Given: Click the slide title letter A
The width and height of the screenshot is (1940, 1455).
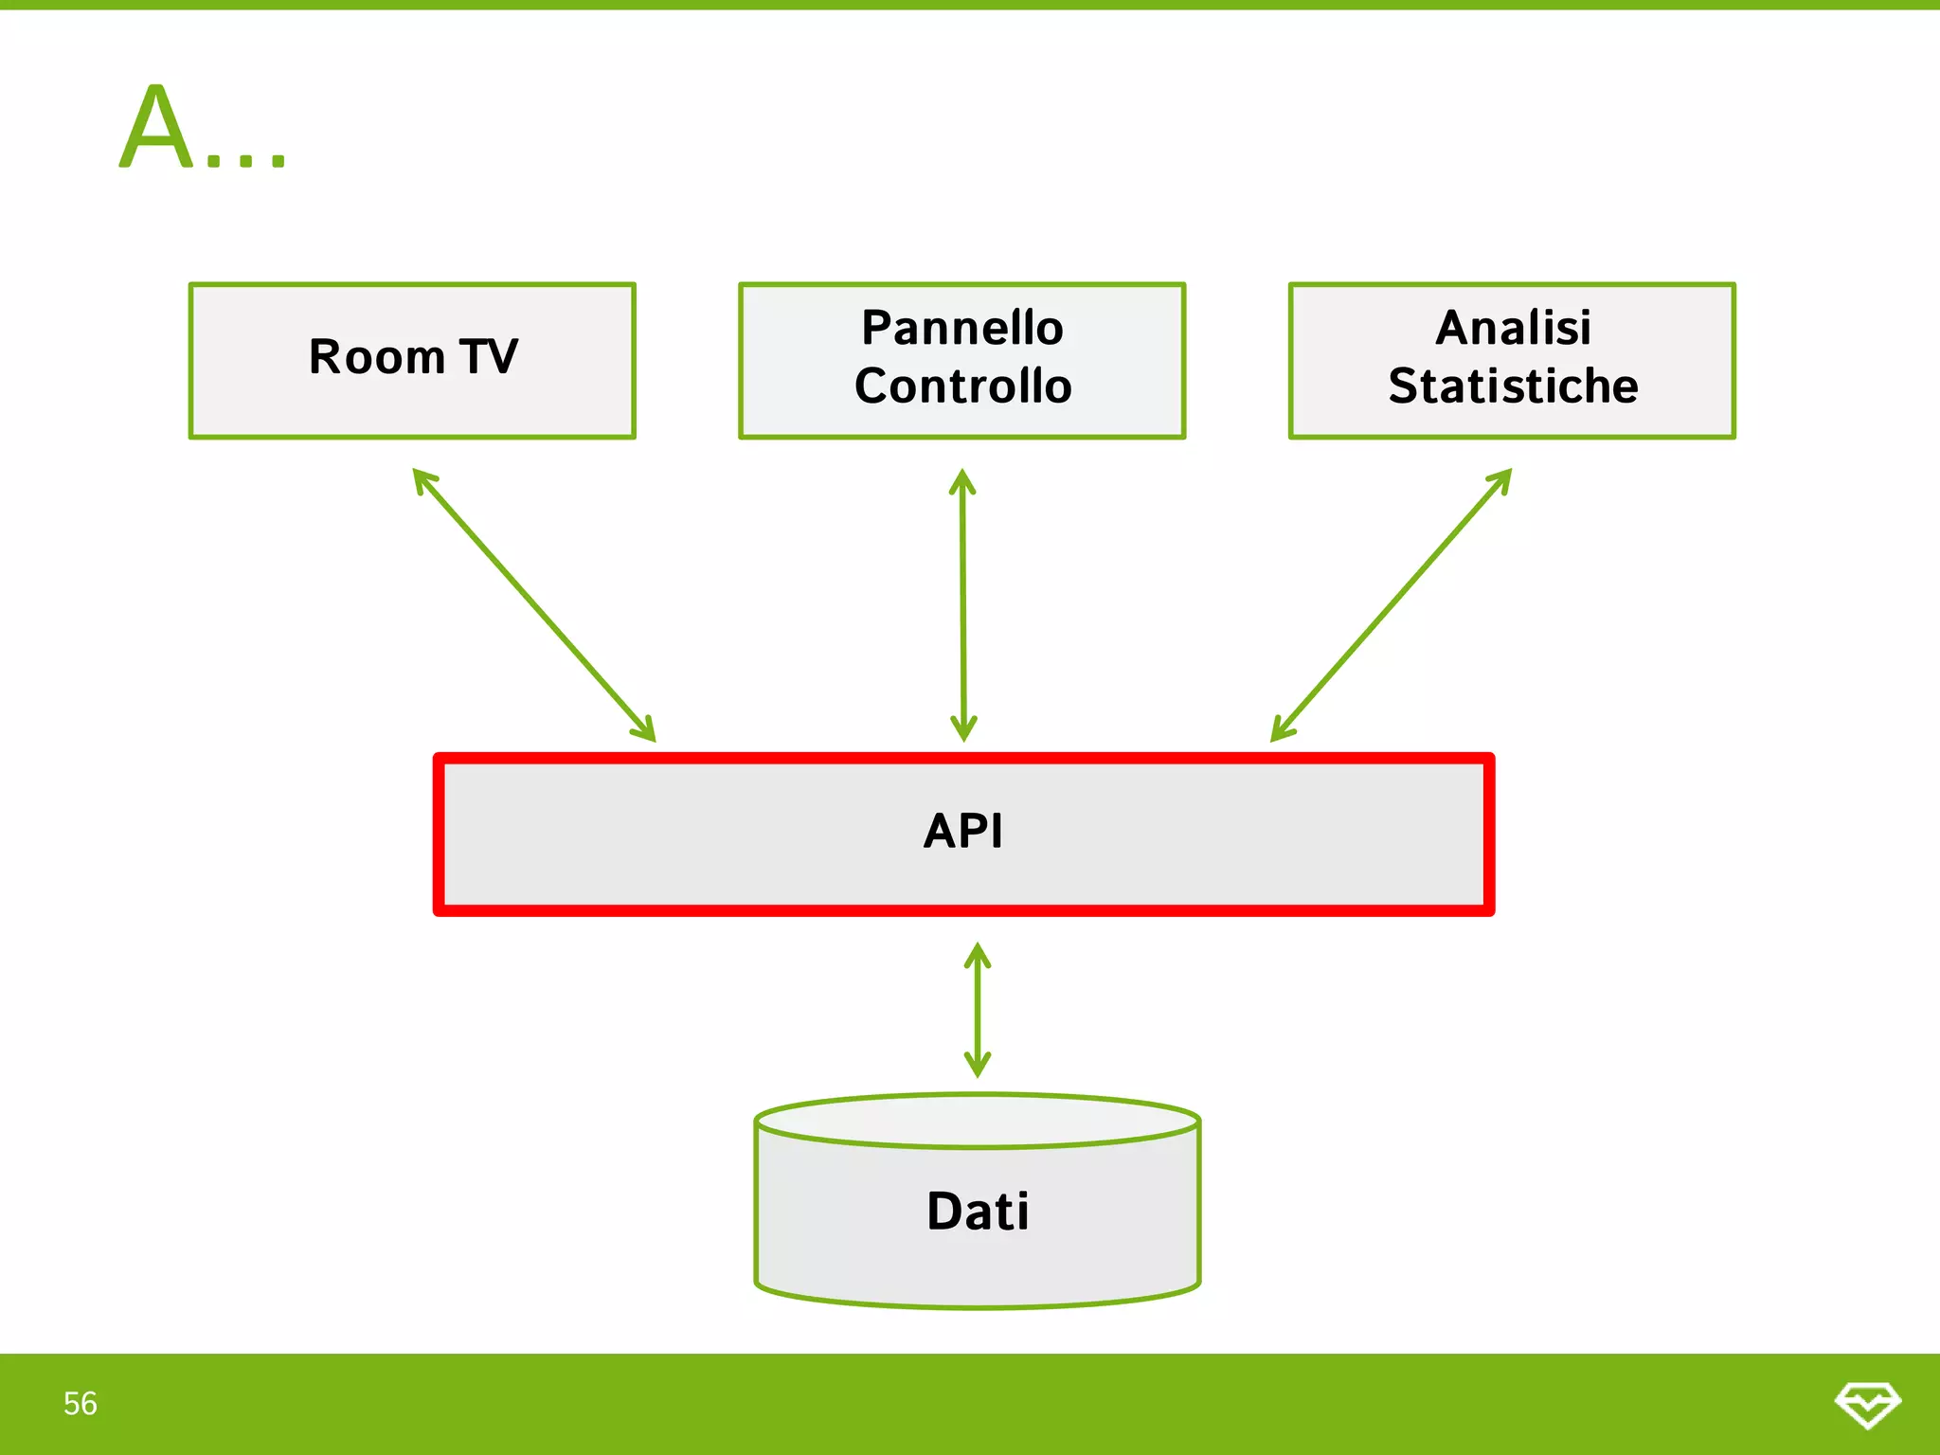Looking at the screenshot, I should click(x=156, y=128).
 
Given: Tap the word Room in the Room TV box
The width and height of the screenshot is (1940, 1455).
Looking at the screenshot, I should click(x=376, y=357).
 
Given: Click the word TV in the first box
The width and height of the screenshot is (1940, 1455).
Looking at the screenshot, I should click(x=489, y=357).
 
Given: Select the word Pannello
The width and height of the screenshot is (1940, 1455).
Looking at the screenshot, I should click(x=961, y=328).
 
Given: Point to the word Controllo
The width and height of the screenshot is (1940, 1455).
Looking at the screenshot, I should click(x=962, y=386).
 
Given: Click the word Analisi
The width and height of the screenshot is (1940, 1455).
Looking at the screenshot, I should click(x=1513, y=328).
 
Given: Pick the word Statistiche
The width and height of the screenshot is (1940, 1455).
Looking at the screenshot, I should click(x=1513, y=386).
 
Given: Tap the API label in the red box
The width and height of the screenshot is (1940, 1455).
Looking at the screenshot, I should click(x=962, y=832).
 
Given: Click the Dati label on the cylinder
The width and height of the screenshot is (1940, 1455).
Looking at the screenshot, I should click(x=978, y=1212).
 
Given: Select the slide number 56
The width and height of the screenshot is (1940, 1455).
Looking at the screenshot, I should click(x=81, y=1403).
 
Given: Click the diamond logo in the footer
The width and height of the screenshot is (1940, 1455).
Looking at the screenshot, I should click(x=1867, y=1404).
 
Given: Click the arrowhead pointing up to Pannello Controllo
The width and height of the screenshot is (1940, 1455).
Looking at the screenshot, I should click(x=962, y=479).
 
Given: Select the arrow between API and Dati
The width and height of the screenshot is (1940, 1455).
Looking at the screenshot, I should click(x=978, y=1010).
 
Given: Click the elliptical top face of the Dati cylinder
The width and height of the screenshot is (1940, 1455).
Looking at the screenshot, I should click(x=978, y=1122).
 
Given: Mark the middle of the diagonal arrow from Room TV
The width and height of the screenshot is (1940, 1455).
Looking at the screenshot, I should click(x=534, y=605).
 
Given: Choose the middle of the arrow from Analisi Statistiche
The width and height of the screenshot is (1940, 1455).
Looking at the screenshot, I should click(x=1391, y=605).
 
